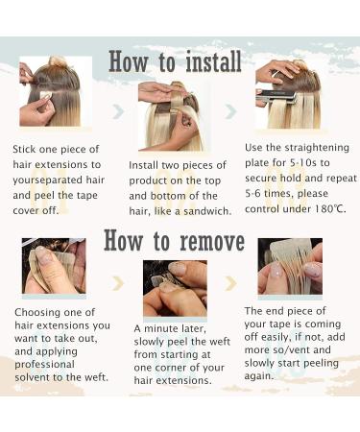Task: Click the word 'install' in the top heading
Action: (213, 61)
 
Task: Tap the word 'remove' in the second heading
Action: (212, 242)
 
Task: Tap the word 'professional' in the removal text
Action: (44, 365)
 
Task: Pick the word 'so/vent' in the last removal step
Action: (291, 349)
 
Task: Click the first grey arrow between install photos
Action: (119, 111)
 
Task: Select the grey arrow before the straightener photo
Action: (231, 111)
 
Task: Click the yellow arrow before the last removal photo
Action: (231, 283)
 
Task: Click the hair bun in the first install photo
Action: (58, 60)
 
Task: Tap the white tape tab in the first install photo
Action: (47, 96)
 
